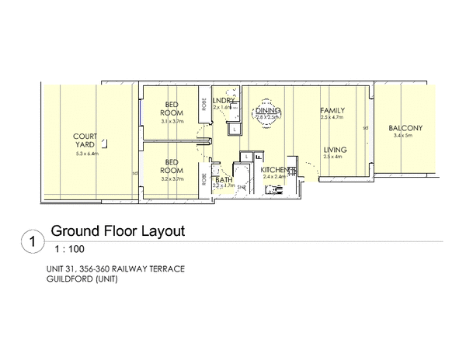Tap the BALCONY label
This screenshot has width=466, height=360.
pos(405,128)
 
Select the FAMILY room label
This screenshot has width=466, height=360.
pos(332,111)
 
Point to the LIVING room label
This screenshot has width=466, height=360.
pos(335,150)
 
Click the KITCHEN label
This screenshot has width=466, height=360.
pos(276,170)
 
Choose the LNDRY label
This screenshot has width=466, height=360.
pos(224,101)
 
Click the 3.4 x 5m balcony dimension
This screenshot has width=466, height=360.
pos(405,136)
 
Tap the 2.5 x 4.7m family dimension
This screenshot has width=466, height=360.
pos(332,119)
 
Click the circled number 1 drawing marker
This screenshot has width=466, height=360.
pos(31,242)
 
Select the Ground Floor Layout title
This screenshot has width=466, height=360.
pos(116,231)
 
